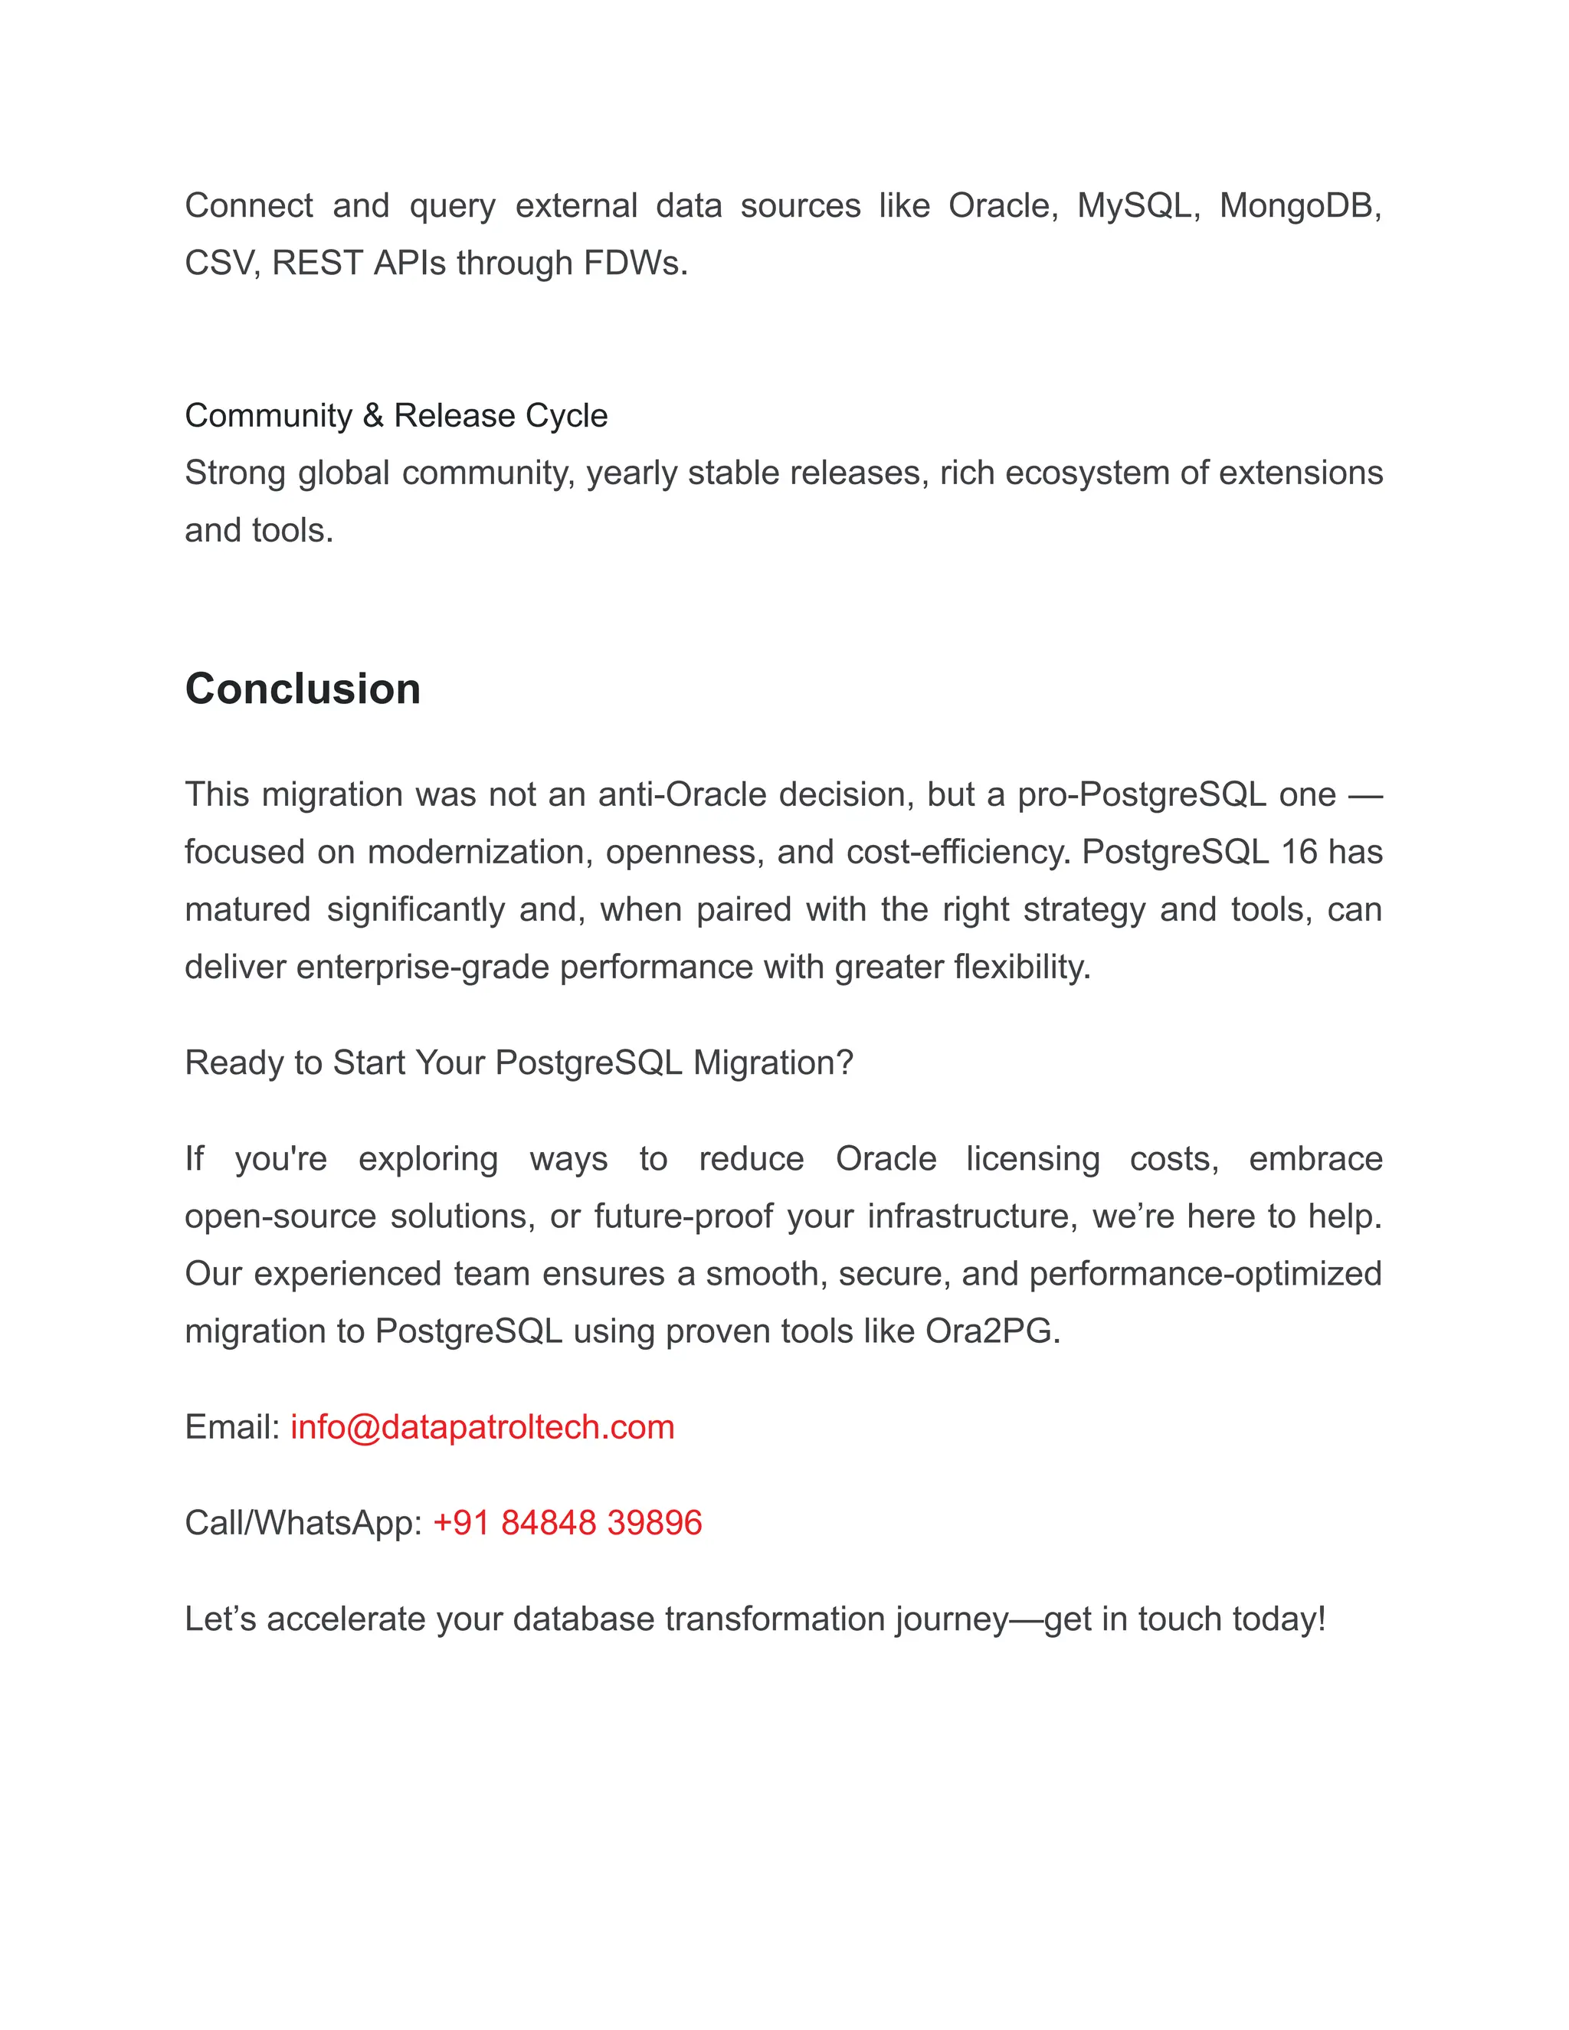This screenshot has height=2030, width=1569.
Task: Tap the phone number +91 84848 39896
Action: click(567, 1523)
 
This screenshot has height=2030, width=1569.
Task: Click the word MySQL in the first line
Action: click(1135, 205)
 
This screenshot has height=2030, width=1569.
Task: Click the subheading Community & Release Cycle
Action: click(396, 415)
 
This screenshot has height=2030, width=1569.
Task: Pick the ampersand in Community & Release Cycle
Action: click(373, 415)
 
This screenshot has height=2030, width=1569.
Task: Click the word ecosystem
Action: click(1088, 473)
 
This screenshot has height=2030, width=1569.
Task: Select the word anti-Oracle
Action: click(681, 794)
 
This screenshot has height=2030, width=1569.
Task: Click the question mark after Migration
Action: click(844, 1062)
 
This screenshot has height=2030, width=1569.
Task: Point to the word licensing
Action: click(1033, 1159)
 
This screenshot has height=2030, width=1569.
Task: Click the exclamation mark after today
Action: click(1320, 1618)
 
